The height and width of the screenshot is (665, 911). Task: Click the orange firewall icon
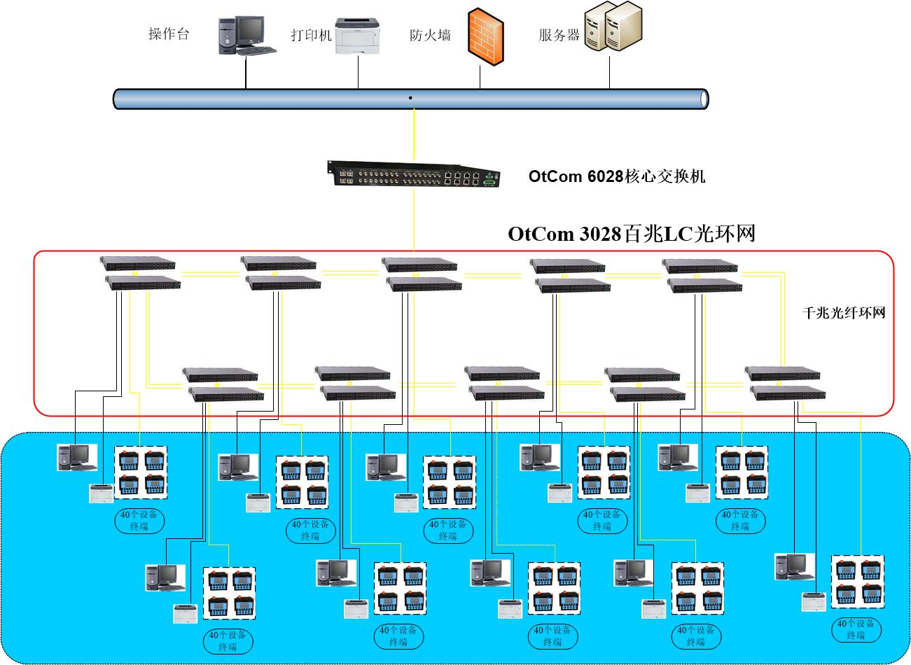tap(485, 36)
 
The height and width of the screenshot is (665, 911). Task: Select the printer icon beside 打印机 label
tap(358, 36)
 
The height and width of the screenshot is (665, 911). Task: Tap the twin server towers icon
tap(613, 26)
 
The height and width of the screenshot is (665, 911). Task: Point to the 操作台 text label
tap(169, 34)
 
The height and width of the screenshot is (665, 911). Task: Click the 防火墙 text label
tap(430, 36)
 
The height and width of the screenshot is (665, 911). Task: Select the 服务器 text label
tap(559, 36)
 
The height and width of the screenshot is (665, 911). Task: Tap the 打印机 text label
tap(312, 36)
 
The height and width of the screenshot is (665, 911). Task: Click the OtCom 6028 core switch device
tap(414, 174)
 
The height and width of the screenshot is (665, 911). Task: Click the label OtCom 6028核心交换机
tap(617, 176)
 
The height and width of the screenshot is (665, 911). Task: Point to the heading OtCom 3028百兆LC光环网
tap(632, 234)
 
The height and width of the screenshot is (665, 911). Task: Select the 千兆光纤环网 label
tap(844, 313)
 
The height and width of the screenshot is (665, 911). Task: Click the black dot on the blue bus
tap(410, 98)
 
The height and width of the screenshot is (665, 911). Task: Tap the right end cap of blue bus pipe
tap(704, 99)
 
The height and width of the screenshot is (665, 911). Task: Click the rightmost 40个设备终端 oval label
tap(856, 630)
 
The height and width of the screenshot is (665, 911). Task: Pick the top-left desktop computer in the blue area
tap(77, 457)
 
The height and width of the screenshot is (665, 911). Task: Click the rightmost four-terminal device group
tap(857, 582)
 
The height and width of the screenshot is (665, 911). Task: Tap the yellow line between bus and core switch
tap(414, 135)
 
